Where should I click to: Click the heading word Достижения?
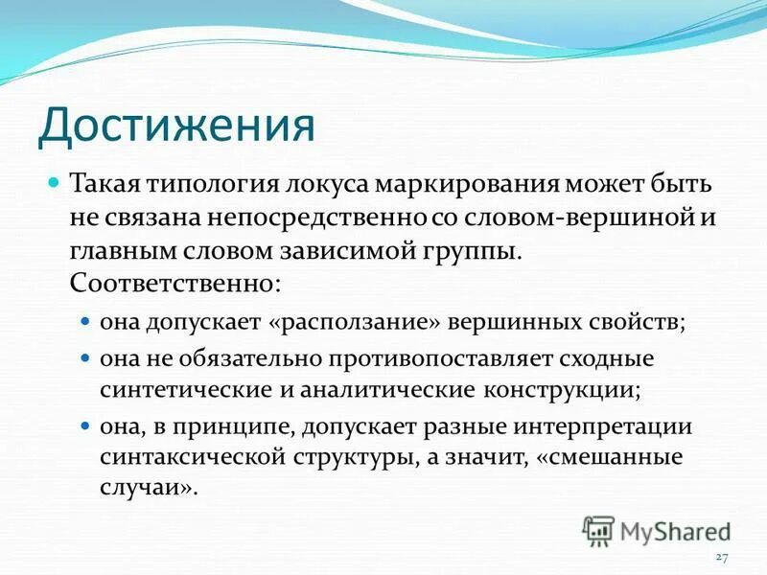coord(176,125)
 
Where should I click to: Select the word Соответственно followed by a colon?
coord(175,284)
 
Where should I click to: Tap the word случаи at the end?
coord(144,487)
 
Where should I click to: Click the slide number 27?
coord(723,558)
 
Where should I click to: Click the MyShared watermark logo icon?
coord(598,530)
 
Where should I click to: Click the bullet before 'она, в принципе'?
coord(84,426)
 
